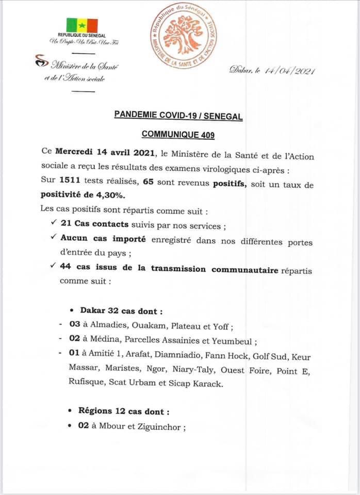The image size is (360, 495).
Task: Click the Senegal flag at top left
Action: [x=82, y=25]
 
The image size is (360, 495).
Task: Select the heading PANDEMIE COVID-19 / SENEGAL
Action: [x=178, y=117]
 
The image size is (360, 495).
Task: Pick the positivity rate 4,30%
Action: [x=110, y=195]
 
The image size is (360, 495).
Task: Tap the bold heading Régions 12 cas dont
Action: [x=123, y=412]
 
